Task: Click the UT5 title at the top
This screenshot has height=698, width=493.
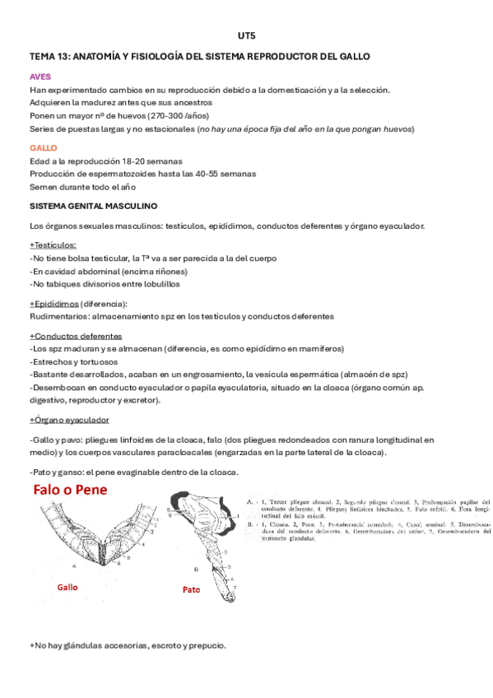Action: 245,36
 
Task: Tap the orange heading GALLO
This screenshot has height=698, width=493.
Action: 44,147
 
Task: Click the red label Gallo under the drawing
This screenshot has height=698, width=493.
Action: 68,589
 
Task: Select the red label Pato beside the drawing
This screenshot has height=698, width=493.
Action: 192,590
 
